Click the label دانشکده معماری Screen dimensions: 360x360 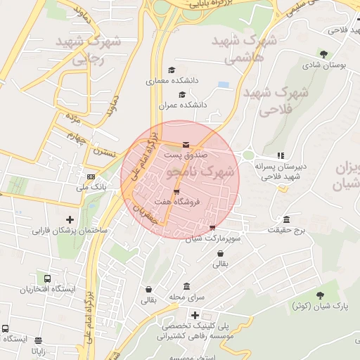[x=172, y=81]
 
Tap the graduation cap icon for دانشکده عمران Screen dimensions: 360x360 [x=183, y=94]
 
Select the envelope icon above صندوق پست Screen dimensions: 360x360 [x=186, y=145]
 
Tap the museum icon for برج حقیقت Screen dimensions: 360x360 [x=286, y=219]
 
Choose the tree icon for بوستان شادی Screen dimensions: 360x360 [x=323, y=54]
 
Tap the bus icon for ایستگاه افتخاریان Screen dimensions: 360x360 [x=47, y=278]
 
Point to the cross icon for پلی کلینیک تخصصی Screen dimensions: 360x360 [x=195, y=314]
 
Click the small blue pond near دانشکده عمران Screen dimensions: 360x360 [x=224, y=85]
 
